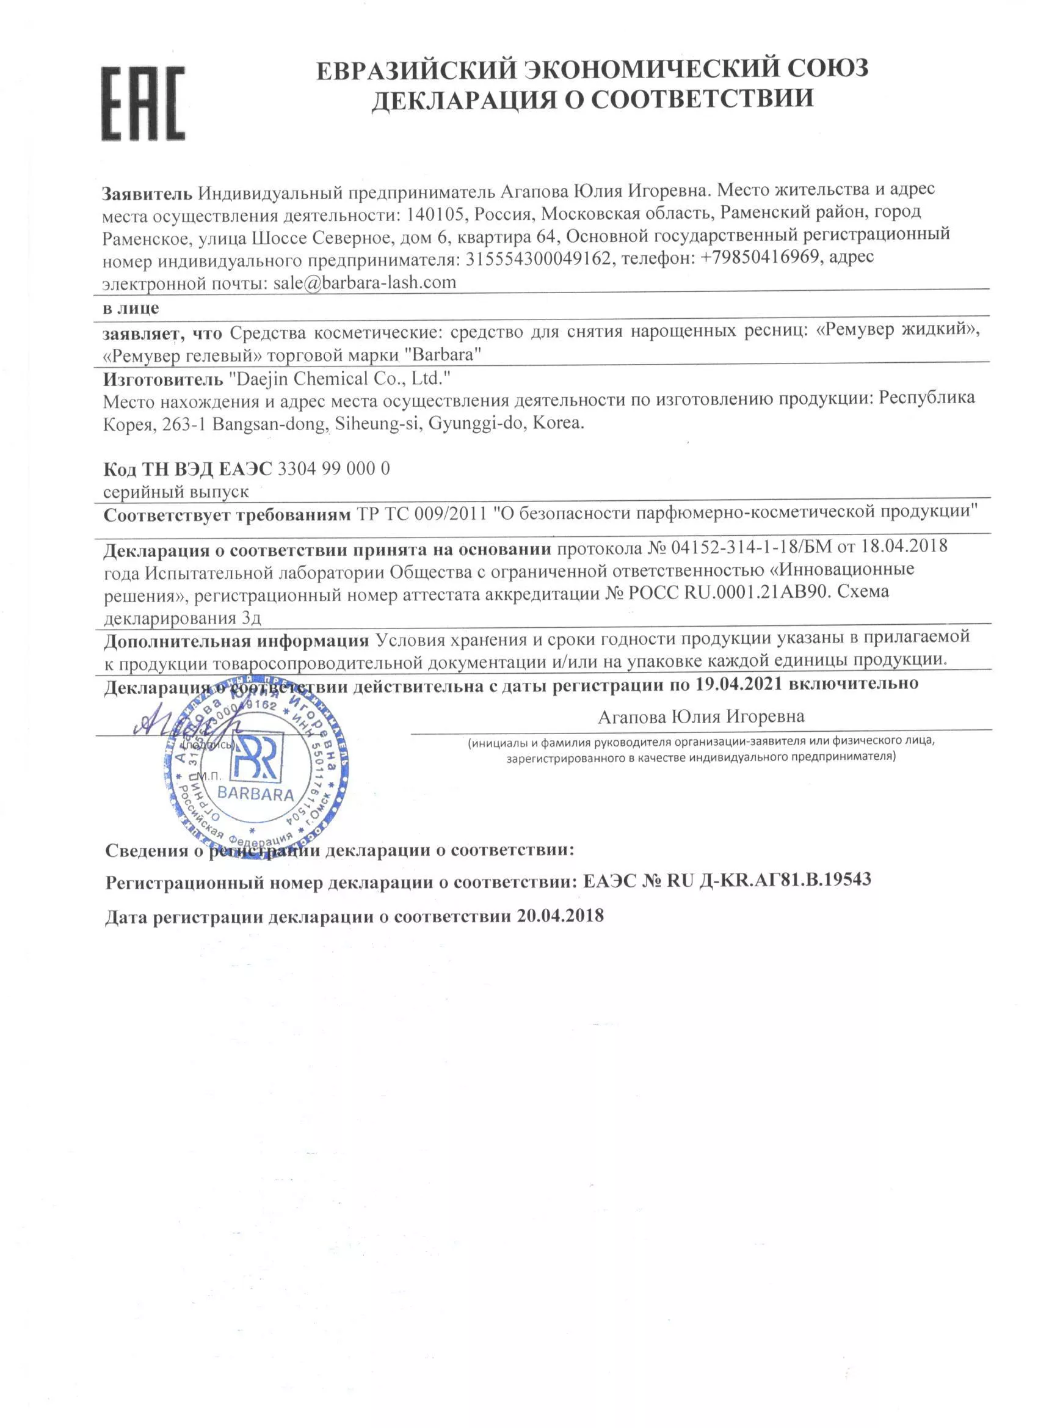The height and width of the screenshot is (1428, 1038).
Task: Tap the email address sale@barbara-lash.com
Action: pyautogui.click(x=365, y=282)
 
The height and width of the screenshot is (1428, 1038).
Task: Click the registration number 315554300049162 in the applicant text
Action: pyautogui.click(x=538, y=258)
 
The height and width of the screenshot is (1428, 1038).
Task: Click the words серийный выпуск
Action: pyautogui.click(x=176, y=491)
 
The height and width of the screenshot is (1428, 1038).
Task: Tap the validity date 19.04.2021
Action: pyautogui.click(x=738, y=684)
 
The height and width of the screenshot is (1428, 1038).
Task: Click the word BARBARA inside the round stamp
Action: pyautogui.click(x=256, y=793)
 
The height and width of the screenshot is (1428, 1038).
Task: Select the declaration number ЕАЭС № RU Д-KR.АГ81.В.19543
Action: pyautogui.click(x=727, y=880)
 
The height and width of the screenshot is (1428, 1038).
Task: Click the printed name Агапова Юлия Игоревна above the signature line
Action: pyautogui.click(x=700, y=716)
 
